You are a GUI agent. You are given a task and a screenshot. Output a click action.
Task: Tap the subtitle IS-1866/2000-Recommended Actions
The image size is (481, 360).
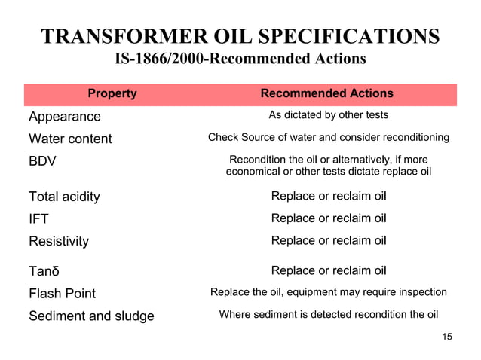pos(240,59)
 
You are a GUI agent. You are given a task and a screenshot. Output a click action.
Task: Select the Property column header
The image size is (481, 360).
pos(112,94)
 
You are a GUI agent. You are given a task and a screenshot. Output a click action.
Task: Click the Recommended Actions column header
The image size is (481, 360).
pos(326,94)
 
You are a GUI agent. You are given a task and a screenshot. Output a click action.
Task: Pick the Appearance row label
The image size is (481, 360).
pos(64,117)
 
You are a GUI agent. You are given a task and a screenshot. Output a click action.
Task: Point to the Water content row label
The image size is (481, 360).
pos(70,139)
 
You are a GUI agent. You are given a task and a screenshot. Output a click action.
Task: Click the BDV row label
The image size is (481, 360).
pos(42,161)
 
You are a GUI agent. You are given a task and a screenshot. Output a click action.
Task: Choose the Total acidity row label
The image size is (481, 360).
pos(64,197)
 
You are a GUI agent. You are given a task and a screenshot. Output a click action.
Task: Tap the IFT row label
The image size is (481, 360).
pos(38,219)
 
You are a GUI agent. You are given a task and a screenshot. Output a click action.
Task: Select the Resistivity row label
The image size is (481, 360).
pos(59,241)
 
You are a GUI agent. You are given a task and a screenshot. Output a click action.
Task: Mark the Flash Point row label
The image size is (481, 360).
pos(63,293)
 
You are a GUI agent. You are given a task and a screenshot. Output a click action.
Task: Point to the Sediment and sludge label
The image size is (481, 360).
pos(91,316)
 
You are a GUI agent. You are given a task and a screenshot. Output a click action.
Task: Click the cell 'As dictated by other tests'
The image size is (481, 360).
pos(329,116)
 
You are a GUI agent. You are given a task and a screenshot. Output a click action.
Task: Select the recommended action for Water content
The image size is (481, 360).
pos(329,138)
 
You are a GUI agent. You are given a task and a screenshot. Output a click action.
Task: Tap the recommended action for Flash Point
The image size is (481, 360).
pos(329,292)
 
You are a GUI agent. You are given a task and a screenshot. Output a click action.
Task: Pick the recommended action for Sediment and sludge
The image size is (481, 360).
pos(329,315)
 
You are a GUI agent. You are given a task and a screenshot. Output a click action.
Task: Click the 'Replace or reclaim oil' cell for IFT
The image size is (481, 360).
pos(329,219)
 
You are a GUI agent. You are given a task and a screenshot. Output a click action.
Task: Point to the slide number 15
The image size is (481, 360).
pos(447,336)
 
